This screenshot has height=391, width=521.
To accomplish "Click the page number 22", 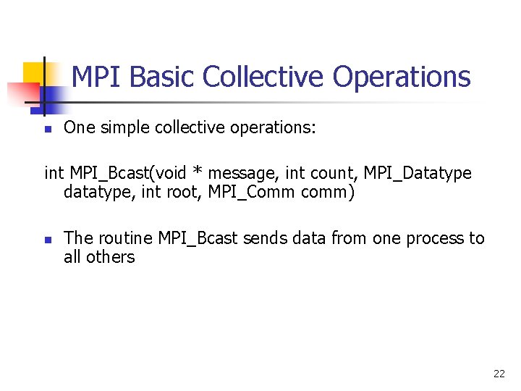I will pos(499,374).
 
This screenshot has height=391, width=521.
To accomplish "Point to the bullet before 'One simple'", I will pos(46,130).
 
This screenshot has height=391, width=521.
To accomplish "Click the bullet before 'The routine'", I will pos(46,240).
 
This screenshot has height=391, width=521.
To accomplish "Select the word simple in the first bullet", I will pos(130,128).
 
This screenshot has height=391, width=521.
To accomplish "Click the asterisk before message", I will pos(198,174).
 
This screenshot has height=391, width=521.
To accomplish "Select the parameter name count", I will pos(336,174).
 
